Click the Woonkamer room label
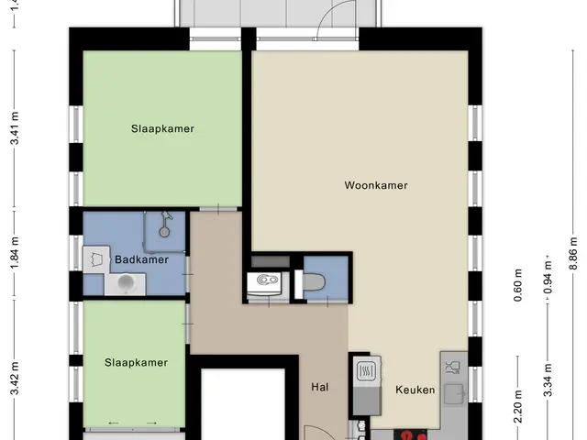click(376, 185)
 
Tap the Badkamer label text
click(141, 259)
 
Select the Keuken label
click(415, 390)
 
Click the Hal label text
click(320, 387)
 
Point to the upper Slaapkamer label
click(162, 128)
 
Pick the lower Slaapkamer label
click(136, 363)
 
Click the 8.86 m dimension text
click(573, 253)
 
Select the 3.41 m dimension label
click(15, 128)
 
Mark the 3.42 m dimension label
click(15, 379)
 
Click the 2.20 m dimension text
click(518, 407)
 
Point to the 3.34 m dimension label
click(548, 379)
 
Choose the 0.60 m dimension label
click(518, 285)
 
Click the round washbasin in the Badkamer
click(125, 283)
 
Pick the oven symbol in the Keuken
click(367, 371)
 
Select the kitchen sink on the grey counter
click(454, 394)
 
